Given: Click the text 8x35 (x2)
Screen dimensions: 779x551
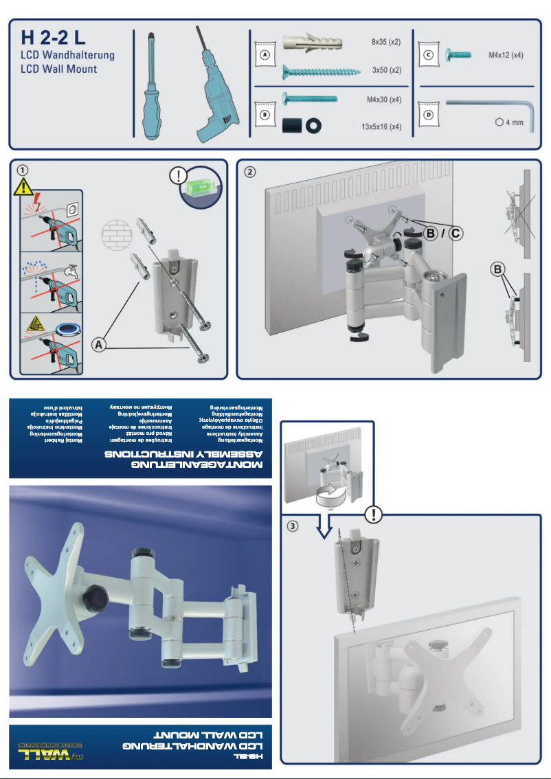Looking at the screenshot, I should pyautogui.click(x=385, y=41).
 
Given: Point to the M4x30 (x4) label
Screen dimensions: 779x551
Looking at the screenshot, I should pyautogui.click(x=384, y=99).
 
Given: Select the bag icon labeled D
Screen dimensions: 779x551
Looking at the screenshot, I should pyautogui.click(x=429, y=114).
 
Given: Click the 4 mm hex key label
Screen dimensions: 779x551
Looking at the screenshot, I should pyautogui.click(x=509, y=122).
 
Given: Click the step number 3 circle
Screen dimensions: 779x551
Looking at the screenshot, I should pyautogui.click(x=293, y=526).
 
